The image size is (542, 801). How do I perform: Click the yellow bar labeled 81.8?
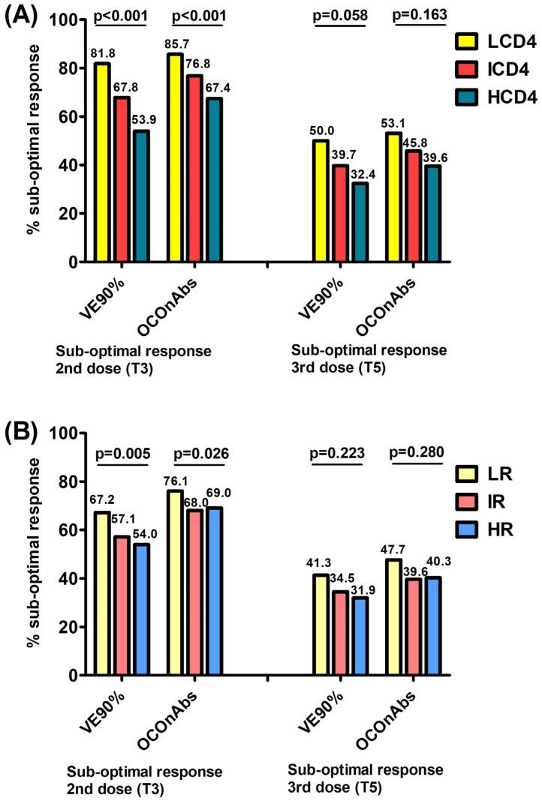pyautogui.click(x=103, y=163)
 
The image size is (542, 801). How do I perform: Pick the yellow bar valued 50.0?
pyautogui.click(x=321, y=201)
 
